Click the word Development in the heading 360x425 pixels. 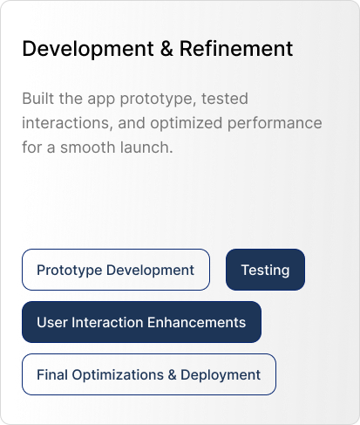click(88, 49)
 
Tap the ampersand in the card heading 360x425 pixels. click(166, 48)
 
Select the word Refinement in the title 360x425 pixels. click(236, 48)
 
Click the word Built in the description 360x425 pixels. click(38, 99)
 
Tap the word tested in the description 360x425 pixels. click(225, 99)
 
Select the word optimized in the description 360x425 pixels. click(187, 124)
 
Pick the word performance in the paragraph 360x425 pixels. click(275, 124)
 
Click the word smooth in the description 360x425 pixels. click(88, 147)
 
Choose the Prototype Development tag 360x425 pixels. click(116, 270)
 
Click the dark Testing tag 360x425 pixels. click(265, 270)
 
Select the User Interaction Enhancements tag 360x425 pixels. click(141, 322)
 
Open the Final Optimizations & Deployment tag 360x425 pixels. click(149, 374)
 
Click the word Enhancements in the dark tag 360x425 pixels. click(196, 322)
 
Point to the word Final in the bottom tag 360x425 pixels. click(52, 374)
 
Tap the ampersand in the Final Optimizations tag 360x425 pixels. click(172, 374)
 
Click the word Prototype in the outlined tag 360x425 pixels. click(70, 271)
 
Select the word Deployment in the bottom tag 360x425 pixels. click(221, 375)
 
